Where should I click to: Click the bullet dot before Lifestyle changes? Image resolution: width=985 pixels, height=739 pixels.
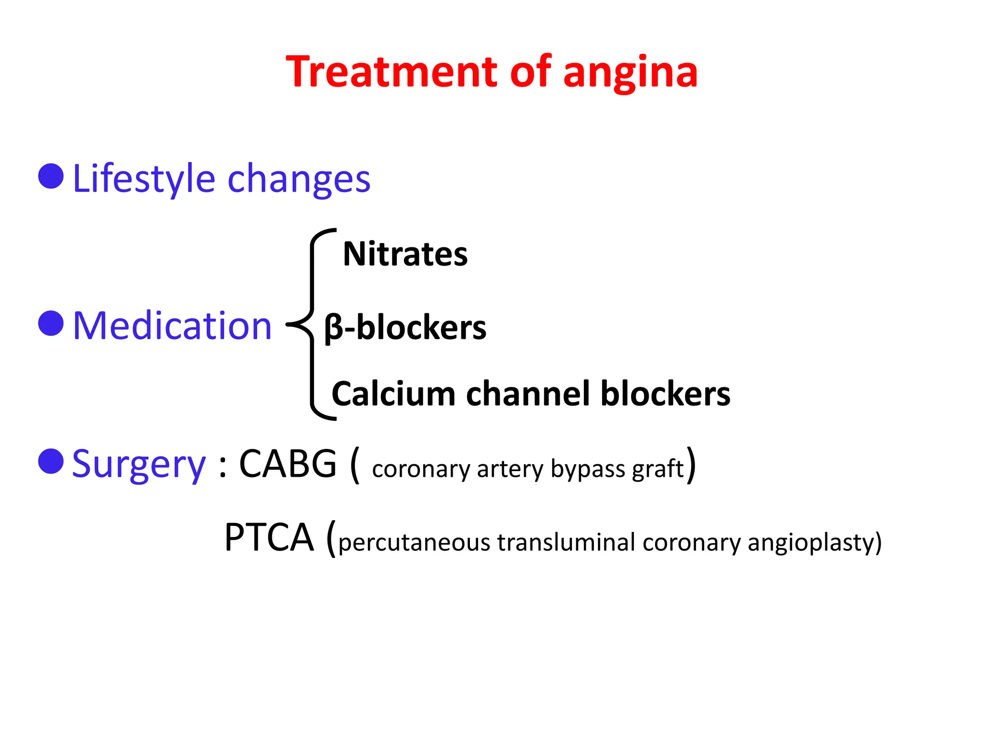coord(51,176)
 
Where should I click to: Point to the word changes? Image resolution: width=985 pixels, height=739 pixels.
coord(299,179)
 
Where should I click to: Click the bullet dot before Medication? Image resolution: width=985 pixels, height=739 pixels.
coord(51,323)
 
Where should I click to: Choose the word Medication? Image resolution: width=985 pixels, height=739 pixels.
coord(172,326)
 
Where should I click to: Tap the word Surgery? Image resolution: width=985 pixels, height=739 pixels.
coord(139,465)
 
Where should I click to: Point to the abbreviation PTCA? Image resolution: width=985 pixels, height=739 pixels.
coord(269,537)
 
